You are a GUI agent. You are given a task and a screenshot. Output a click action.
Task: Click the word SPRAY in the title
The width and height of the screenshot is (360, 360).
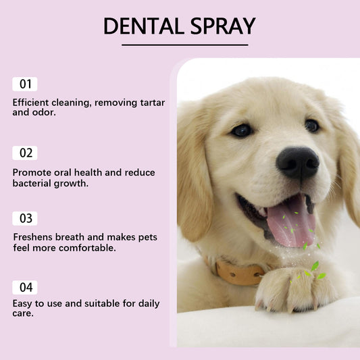pyautogui.click(x=223, y=26)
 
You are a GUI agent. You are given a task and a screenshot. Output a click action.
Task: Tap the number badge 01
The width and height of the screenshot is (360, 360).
pyautogui.click(x=25, y=84)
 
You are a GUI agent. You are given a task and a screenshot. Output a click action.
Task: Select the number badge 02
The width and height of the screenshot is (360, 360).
pyautogui.click(x=25, y=153)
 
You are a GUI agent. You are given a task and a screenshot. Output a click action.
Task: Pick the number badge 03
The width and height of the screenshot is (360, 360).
pyautogui.click(x=25, y=218)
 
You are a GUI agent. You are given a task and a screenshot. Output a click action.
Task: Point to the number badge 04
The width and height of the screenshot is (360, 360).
pyautogui.click(x=25, y=287)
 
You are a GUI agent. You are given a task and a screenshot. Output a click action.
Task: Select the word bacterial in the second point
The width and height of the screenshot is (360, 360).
pyautogui.click(x=34, y=183)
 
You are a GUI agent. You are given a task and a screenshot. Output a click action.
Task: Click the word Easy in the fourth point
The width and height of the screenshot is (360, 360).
pyautogui.click(x=23, y=303)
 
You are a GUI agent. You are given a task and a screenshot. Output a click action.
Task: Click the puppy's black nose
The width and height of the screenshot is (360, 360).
pyautogui.click(x=297, y=161)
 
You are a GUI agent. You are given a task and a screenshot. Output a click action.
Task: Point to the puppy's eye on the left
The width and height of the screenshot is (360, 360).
pyautogui.click(x=242, y=130)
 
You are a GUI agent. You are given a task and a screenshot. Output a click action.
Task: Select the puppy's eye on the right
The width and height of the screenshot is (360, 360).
pyautogui.click(x=311, y=125)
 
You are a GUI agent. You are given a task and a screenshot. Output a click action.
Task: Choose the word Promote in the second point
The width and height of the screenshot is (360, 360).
pyautogui.click(x=32, y=172)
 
